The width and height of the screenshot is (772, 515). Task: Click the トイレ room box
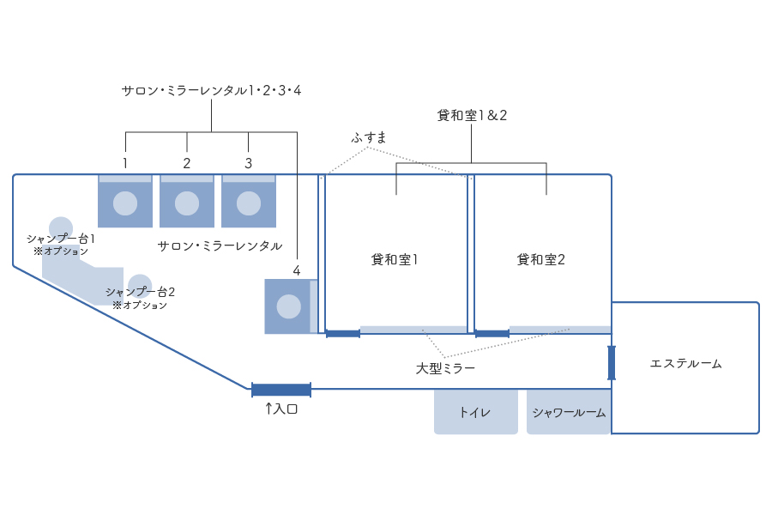tap(475, 412)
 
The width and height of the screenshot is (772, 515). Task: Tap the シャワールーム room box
tap(569, 412)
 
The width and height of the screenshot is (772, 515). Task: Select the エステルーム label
tap(685, 364)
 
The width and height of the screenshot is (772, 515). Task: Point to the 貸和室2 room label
tap(541, 259)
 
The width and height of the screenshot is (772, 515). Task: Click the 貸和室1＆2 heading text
tap(472, 116)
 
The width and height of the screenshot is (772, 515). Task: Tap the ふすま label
tap(369, 137)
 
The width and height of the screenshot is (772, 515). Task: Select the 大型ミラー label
tap(445, 368)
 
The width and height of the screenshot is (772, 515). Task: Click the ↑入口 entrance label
tap(280, 409)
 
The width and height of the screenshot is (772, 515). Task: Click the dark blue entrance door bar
tap(281, 390)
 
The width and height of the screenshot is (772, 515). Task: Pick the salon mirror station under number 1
tap(125, 202)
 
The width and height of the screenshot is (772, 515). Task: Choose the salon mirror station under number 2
tap(187, 202)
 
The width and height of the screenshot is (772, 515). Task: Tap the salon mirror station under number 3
tap(249, 202)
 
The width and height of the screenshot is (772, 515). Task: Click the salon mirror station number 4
tap(289, 306)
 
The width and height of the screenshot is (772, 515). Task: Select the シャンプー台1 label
tap(61, 239)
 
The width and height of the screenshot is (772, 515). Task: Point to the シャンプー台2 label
tap(140, 292)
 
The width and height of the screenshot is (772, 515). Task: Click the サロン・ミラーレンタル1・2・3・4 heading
tap(211, 90)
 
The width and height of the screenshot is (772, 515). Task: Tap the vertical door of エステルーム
tap(612, 362)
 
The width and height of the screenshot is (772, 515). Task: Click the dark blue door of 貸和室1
tap(343, 333)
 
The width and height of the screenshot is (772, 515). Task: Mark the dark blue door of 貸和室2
tap(492, 333)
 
